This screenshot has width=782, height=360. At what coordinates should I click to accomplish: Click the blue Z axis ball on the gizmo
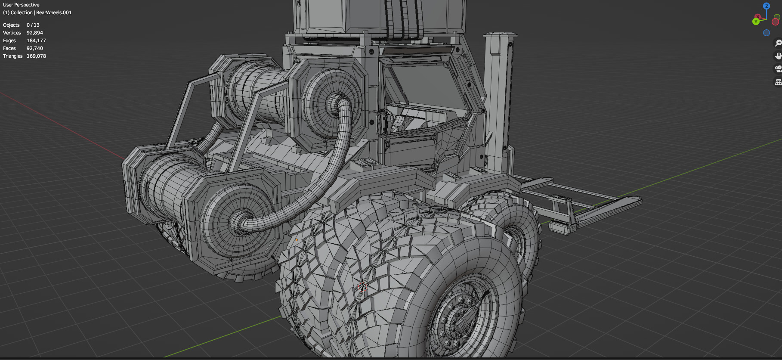tap(767, 6)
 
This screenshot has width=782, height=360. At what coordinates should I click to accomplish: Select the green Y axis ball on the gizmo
tap(756, 22)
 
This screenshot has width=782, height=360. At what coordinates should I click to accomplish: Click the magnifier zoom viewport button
tap(778, 43)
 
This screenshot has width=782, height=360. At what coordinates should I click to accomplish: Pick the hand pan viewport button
tap(778, 56)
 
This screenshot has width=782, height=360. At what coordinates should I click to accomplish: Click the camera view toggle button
tap(778, 69)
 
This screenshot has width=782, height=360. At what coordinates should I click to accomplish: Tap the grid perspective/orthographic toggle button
tap(778, 82)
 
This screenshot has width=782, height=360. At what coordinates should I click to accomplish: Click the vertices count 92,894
tap(35, 33)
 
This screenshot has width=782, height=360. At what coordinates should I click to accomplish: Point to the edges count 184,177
tap(36, 40)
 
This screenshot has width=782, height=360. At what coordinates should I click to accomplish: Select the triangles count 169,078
tap(36, 56)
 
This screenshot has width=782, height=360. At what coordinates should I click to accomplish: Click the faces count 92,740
tap(35, 48)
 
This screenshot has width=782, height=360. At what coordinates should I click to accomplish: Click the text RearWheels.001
tap(54, 12)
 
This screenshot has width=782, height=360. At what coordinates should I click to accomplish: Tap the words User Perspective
tap(21, 5)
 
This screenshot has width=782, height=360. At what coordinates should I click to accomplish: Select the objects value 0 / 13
tap(33, 25)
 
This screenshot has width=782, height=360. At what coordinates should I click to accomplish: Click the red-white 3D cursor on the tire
tap(362, 287)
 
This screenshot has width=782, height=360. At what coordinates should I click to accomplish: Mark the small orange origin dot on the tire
tap(297, 240)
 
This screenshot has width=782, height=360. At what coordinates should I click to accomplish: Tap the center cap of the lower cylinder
tap(238, 221)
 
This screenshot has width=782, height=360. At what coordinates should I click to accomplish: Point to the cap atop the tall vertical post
tap(500, 34)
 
